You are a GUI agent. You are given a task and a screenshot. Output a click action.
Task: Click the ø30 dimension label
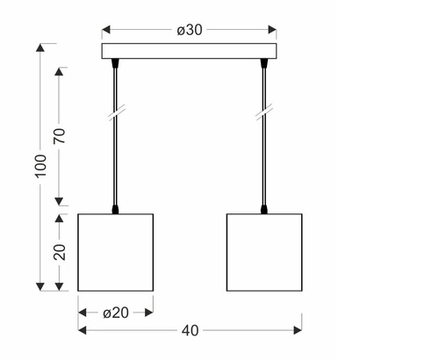coord(190,30)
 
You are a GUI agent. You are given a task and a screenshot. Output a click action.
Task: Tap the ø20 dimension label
coord(117,312)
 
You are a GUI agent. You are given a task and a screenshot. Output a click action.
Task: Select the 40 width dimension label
coord(190,330)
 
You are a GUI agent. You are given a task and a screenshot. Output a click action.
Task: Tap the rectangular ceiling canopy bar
coord(190,52)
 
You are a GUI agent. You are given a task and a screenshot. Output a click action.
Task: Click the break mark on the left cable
coord(116,115)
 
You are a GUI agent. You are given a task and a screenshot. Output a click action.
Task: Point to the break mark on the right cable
coord(263,115)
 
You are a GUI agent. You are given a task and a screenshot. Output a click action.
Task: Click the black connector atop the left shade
coord(116,210)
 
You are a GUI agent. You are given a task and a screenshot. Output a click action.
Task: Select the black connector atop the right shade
coord(263,210)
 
